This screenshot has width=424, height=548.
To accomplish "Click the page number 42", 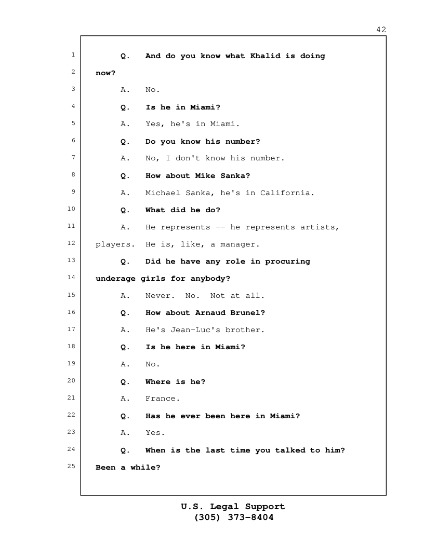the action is [381, 30].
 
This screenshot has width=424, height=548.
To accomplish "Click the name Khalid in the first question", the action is [265, 56].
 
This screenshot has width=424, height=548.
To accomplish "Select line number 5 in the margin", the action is [73, 123].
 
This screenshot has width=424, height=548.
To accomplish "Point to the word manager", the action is [240, 244].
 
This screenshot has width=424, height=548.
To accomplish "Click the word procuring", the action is [287, 262].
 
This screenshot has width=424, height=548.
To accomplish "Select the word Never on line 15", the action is [160, 296].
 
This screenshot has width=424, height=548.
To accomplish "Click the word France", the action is [163, 399].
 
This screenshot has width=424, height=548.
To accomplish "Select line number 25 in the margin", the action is [71, 466].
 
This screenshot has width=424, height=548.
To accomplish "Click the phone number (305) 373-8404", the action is [234, 517].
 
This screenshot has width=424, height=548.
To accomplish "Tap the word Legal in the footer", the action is [224, 506].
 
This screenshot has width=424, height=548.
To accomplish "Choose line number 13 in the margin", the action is [71, 260].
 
